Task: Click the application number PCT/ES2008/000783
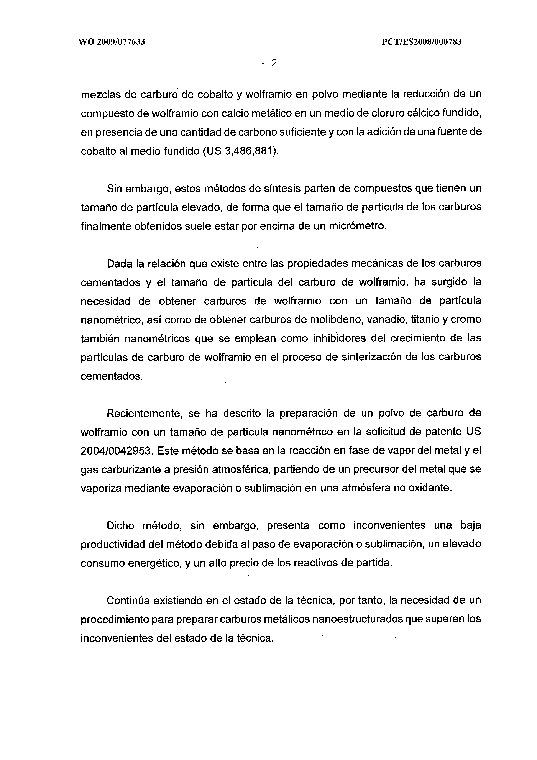421,42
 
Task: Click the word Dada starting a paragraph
119,263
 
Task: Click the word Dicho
120,526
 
